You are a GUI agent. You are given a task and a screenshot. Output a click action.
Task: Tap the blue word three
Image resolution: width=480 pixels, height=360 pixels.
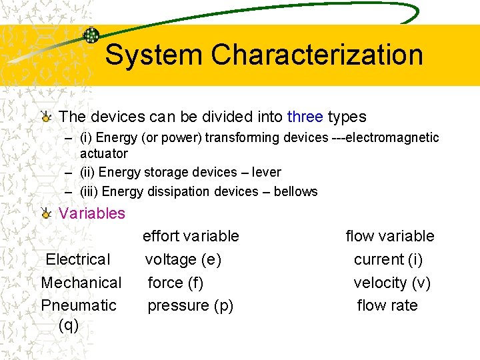pos(305,117)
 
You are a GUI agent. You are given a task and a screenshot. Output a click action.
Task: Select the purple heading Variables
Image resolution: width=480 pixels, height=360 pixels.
pos(92,213)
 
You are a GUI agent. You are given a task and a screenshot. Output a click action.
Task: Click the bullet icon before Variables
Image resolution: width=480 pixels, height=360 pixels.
pos(45,213)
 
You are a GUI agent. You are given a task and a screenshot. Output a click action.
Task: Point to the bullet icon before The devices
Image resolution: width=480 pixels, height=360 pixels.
pos(45,117)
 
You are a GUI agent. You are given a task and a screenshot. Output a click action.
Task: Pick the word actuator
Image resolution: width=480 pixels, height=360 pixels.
pos(103,153)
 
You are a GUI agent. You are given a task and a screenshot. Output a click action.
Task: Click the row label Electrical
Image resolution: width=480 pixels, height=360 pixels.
pos(78,259)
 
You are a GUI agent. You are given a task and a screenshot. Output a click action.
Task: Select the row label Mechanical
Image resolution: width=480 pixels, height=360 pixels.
pos(81,283)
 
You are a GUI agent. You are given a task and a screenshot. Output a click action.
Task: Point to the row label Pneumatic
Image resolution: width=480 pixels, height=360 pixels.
pos(79,305)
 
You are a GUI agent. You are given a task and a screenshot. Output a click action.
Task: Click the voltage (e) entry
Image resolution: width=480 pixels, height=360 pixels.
pos(183,259)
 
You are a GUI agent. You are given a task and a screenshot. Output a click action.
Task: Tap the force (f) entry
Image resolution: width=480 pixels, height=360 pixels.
pos(175,283)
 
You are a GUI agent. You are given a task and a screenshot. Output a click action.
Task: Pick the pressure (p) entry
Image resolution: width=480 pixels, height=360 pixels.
pos(190,305)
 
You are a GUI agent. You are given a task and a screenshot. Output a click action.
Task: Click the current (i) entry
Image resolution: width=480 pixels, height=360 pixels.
pos(388,259)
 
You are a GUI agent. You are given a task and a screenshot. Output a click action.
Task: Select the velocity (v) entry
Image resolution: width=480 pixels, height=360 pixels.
pos(392,283)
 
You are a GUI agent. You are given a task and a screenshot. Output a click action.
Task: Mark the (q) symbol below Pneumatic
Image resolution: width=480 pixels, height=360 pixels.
pos(69,325)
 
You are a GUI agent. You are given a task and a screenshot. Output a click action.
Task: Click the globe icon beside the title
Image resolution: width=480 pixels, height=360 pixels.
pos(91,35)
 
